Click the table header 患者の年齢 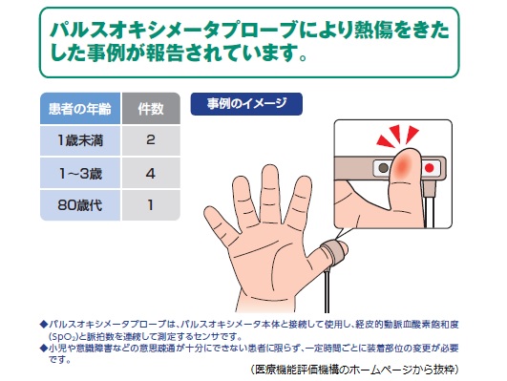[80, 106]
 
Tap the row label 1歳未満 [80, 140]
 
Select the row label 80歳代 [80, 204]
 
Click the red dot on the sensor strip [429, 168]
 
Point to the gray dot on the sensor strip [383, 168]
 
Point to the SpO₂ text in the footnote [68, 336]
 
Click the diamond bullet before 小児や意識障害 [42, 349]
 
